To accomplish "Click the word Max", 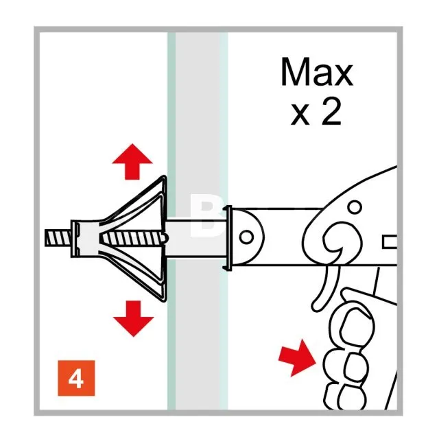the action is (x=317, y=71).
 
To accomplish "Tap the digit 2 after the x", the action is (x=331, y=112).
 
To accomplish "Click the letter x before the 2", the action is (x=300, y=115).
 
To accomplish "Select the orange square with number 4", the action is (x=76, y=378).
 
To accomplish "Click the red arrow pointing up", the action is (x=132, y=162).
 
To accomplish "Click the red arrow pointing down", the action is (x=134, y=318).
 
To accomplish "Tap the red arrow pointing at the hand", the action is (x=298, y=358).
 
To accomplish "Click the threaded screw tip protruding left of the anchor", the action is (x=58, y=238).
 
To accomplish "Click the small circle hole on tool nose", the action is (x=246, y=237).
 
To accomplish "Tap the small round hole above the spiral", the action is (x=355, y=207).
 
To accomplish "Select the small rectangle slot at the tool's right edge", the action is (x=390, y=242).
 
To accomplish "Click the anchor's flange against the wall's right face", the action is (x=228, y=238).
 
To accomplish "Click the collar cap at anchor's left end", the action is (x=75, y=239).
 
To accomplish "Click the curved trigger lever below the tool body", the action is (x=326, y=288).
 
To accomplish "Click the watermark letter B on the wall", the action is (x=208, y=215).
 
